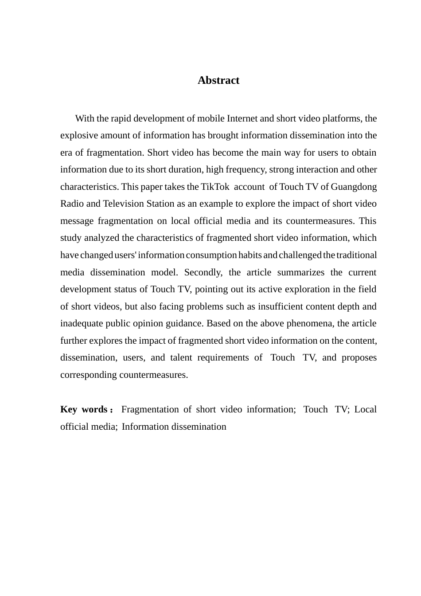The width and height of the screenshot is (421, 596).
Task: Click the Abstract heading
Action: coord(218,80)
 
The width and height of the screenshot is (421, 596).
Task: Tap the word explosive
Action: coord(77,135)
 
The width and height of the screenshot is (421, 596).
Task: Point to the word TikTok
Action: coord(215,187)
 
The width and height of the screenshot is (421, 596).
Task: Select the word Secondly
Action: coord(203,272)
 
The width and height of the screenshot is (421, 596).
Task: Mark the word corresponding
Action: coord(89,375)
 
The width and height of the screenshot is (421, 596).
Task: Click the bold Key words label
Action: coord(84,409)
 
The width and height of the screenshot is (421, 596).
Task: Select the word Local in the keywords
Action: coord(366,409)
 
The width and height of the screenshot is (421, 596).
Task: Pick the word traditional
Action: coord(357,255)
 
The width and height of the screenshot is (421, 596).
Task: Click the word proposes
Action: coord(359,357)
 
